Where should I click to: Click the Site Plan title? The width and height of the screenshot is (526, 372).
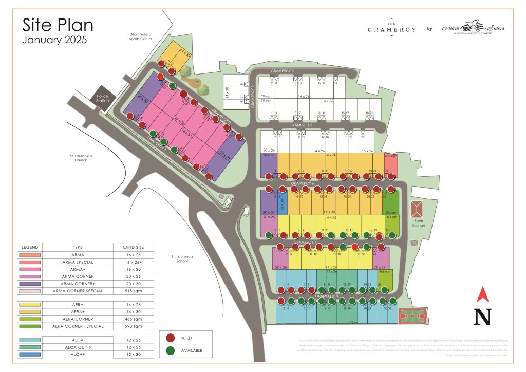(x=58, y=26)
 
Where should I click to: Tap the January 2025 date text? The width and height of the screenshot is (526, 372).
(x=55, y=40)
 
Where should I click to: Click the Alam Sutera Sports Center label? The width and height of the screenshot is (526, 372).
(x=141, y=36)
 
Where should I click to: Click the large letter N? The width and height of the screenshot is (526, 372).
(x=482, y=316)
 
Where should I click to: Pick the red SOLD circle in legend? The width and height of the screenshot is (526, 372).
(x=171, y=338)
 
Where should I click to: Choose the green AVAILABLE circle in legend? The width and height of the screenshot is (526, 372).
(x=171, y=351)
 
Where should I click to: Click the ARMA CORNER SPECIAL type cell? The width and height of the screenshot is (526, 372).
(x=78, y=291)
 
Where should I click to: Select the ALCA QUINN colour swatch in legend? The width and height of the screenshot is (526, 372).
(x=30, y=347)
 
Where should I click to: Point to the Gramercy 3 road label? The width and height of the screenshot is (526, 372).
(x=282, y=71)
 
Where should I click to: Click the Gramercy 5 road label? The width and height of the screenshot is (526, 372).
(x=301, y=125)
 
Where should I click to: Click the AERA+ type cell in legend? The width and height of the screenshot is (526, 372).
(x=78, y=312)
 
